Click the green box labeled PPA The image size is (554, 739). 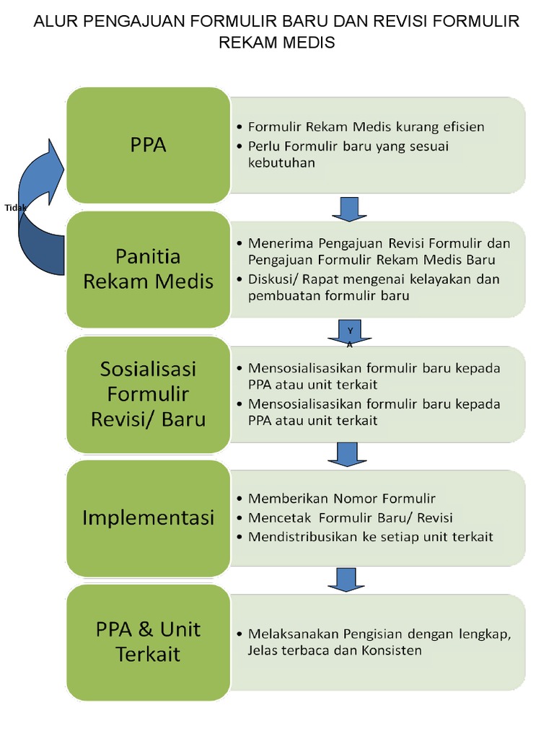[x=148, y=145]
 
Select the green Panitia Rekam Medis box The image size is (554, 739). [x=148, y=268]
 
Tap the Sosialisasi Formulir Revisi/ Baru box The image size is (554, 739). [x=148, y=394]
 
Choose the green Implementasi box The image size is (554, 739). [x=148, y=517]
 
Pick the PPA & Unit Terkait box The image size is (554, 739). [x=148, y=642]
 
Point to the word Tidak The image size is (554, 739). [x=15, y=207]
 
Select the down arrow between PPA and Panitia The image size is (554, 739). [x=350, y=209]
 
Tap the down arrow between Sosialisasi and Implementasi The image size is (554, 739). [x=347, y=454]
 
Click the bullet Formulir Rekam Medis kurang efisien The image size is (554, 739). [x=366, y=127]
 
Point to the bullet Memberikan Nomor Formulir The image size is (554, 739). [x=341, y=499]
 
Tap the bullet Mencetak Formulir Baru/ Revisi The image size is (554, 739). [x=350, y=518]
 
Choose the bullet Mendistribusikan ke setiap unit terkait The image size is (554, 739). [x=370, y=537]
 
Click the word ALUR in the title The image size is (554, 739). [x=56, y=22]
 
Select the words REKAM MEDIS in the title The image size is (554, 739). [x=277, y=43]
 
